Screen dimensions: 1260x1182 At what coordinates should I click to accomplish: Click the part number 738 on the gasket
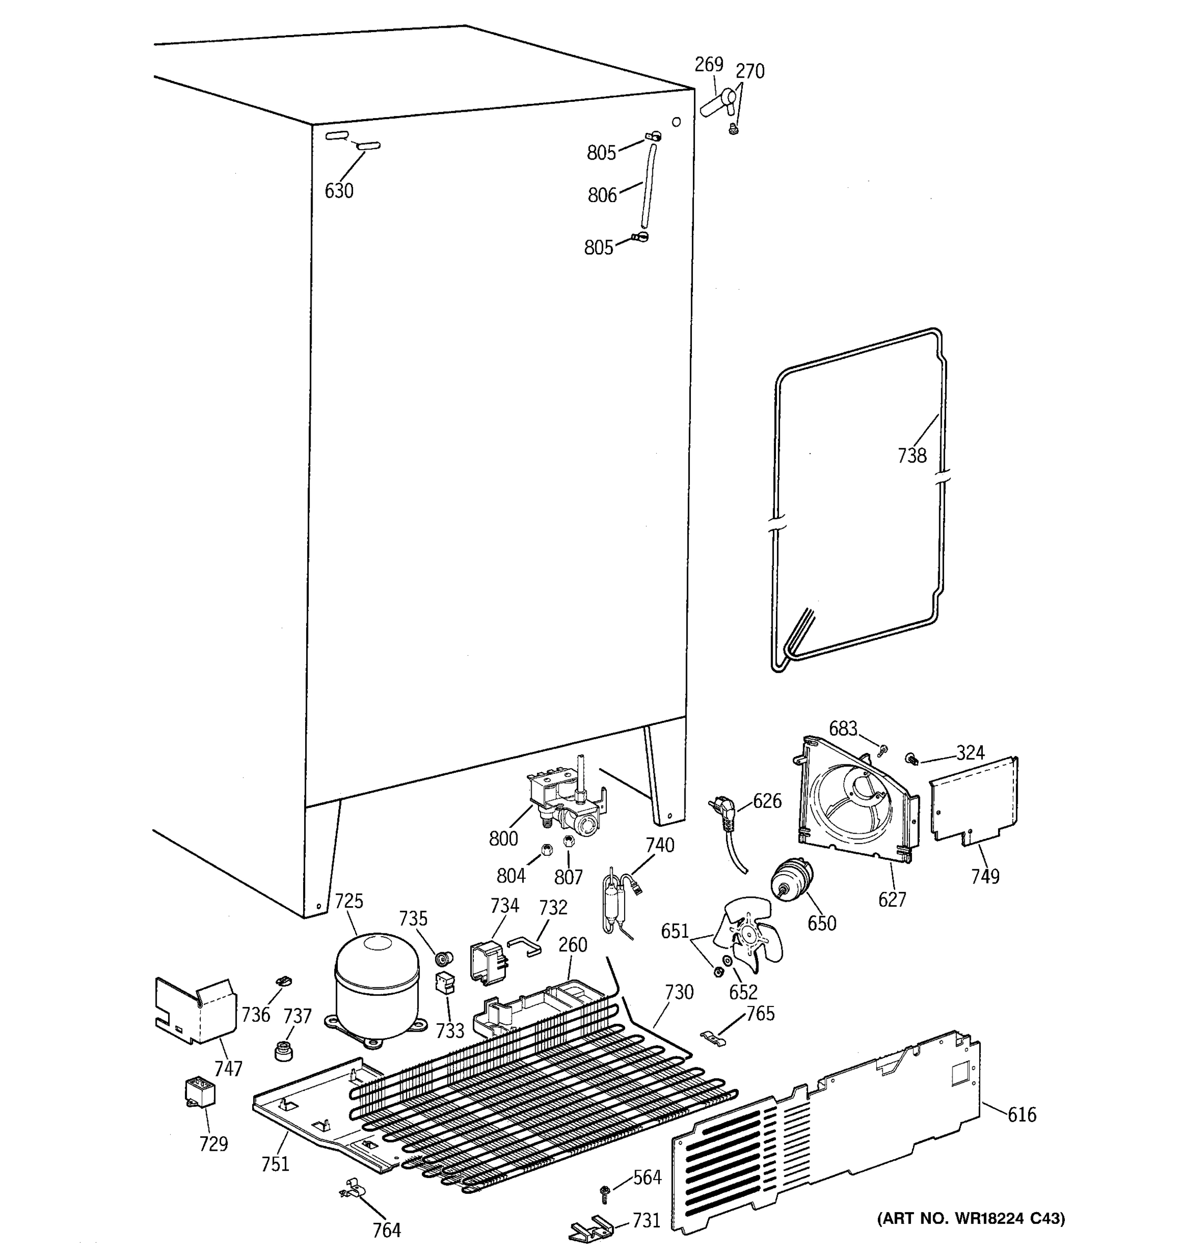tap(911, 455)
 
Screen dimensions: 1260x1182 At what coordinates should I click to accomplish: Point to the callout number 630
tap(339, 190)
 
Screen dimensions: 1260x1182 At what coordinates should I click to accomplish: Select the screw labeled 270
tap(735, 130)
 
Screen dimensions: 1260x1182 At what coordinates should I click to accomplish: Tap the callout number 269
tap(708, 64)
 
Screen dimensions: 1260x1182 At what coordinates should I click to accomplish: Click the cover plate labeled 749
tap(974, 799)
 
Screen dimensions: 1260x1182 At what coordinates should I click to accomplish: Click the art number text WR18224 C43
tap(970, 1218)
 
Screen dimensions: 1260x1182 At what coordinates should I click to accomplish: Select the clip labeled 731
tap(590, 1226)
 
